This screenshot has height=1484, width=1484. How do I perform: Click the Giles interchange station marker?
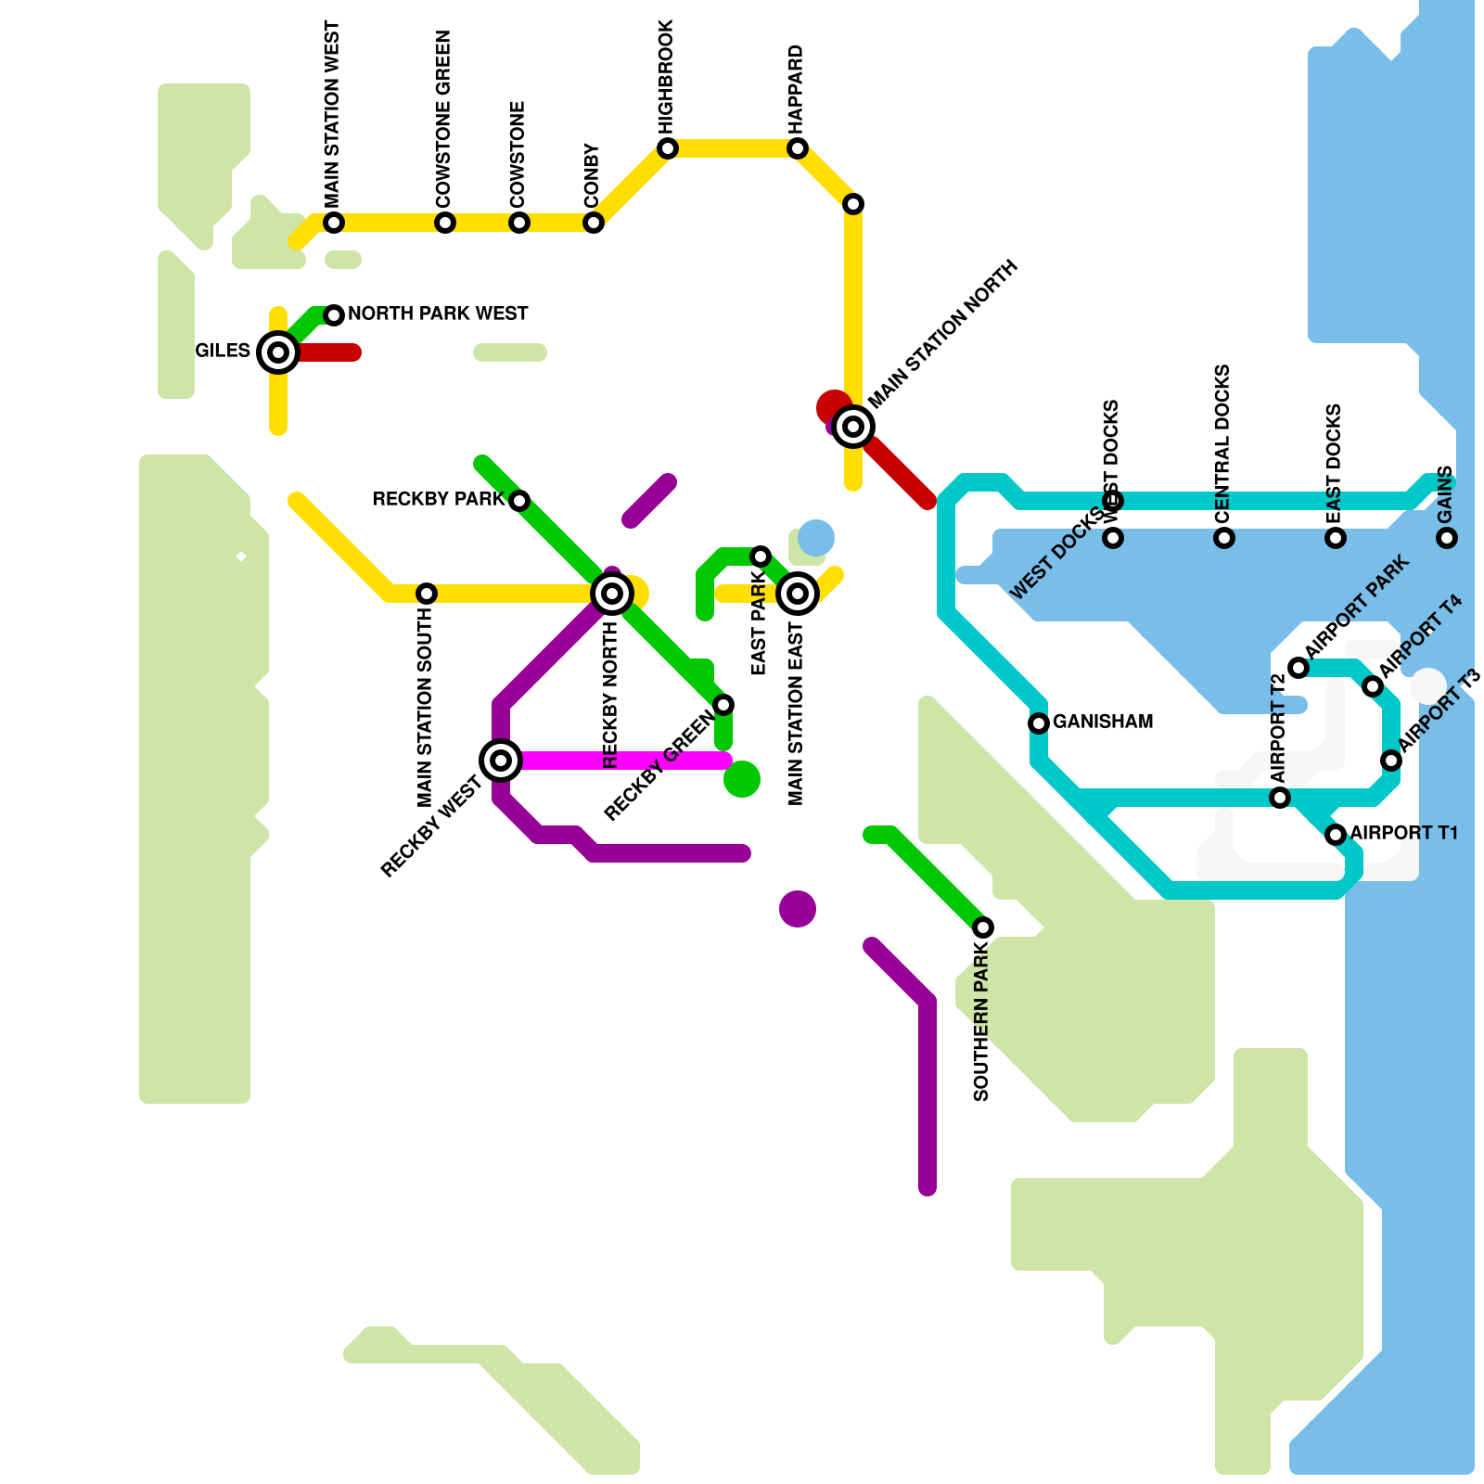point(278,352)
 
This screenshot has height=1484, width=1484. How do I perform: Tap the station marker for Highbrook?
point(668,148)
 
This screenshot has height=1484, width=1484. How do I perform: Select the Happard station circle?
point(798,148)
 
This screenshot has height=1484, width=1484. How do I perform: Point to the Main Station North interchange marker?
point(853,427)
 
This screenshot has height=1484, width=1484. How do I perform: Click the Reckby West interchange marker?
point(501,761)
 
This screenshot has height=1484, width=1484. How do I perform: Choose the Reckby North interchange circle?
point(612,594)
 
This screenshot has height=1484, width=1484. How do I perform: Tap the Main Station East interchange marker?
point(798,594)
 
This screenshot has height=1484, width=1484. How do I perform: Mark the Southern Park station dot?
point(983,927)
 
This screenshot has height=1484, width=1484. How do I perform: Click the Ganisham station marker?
point(1039,723)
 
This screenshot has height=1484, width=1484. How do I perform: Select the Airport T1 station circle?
point(1336,835)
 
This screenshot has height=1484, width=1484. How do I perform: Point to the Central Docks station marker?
point(1224,538)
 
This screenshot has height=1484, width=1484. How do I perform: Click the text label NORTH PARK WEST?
point(438,314)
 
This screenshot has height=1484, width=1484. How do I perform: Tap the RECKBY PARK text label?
point(438,500)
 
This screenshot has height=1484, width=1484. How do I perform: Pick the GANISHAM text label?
point(1103,722)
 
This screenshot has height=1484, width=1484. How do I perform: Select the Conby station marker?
point(594,223)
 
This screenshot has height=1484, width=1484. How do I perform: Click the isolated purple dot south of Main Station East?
point(798,909)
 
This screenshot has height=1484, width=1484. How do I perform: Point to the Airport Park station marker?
point(1298,668)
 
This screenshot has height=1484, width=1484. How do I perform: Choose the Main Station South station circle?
point(427,594)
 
